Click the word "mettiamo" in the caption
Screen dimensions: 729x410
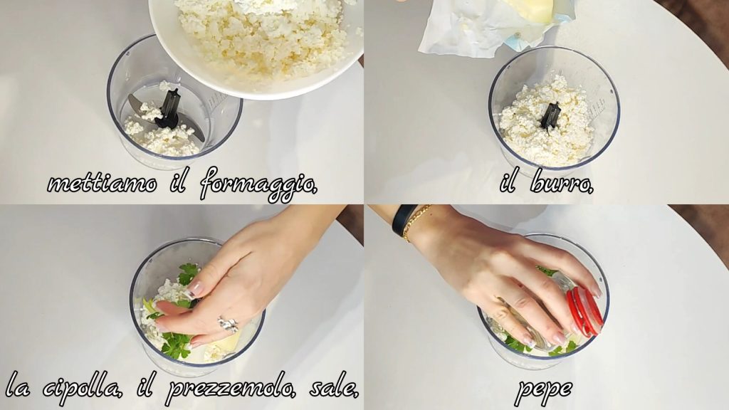coord(102,184)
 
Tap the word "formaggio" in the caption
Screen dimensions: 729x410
coord(258,184)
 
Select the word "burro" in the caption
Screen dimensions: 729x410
coord(562,182)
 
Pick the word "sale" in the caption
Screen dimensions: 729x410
coord(334,387)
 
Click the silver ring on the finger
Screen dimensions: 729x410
coord(228,324)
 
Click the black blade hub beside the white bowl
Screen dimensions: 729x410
coord(167,110)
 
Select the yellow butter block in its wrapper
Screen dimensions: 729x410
coord(530,9)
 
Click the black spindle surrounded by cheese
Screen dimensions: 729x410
coord(550,116)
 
